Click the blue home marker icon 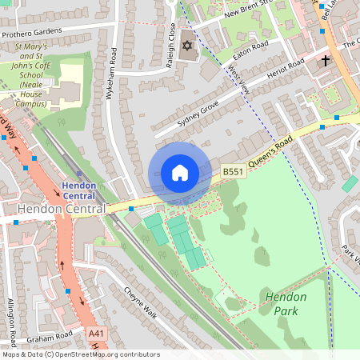point(180,173)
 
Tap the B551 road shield point(232,172)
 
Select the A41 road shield point(96,333)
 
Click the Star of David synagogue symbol point(189,46)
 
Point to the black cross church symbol point(325,60)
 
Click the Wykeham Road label point(113,73)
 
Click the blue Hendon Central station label point(78,191)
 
